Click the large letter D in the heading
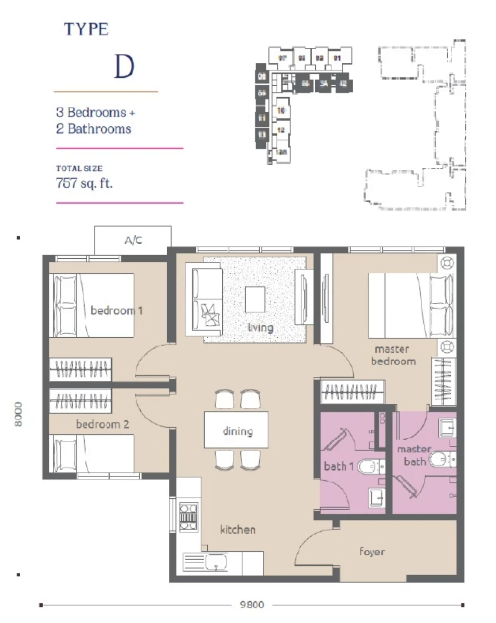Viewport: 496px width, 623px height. click(x=124, y=66)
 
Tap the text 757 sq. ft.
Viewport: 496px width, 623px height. click(x=84, y=183)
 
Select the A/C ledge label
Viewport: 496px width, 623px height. click(x=133, y=240)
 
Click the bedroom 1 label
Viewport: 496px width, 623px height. click(x=116, y=311)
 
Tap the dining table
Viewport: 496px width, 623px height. click(x=237, y=430)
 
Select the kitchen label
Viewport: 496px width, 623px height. click(x=238, y=529)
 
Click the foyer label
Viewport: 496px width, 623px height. click(x=372, y=551)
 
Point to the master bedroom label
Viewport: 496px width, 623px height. click(x=393, y=355)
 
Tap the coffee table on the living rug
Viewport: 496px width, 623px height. click(x=254, y=299)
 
